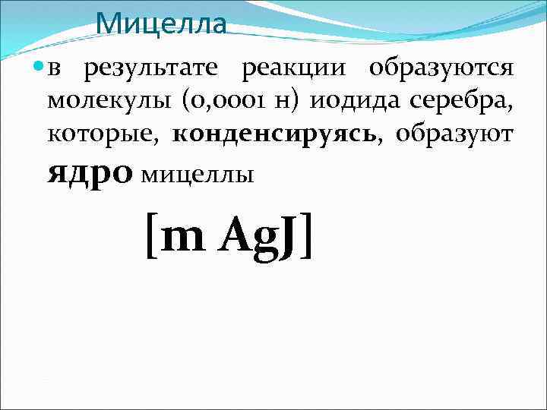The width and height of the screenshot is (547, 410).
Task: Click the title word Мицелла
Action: pyautogui.click(x=161, y=24)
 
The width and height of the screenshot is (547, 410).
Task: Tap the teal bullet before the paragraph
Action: pyautogui.click(x=39, y=69)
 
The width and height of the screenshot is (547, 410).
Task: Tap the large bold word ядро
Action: pyautogui.click(x=89, y=172)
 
